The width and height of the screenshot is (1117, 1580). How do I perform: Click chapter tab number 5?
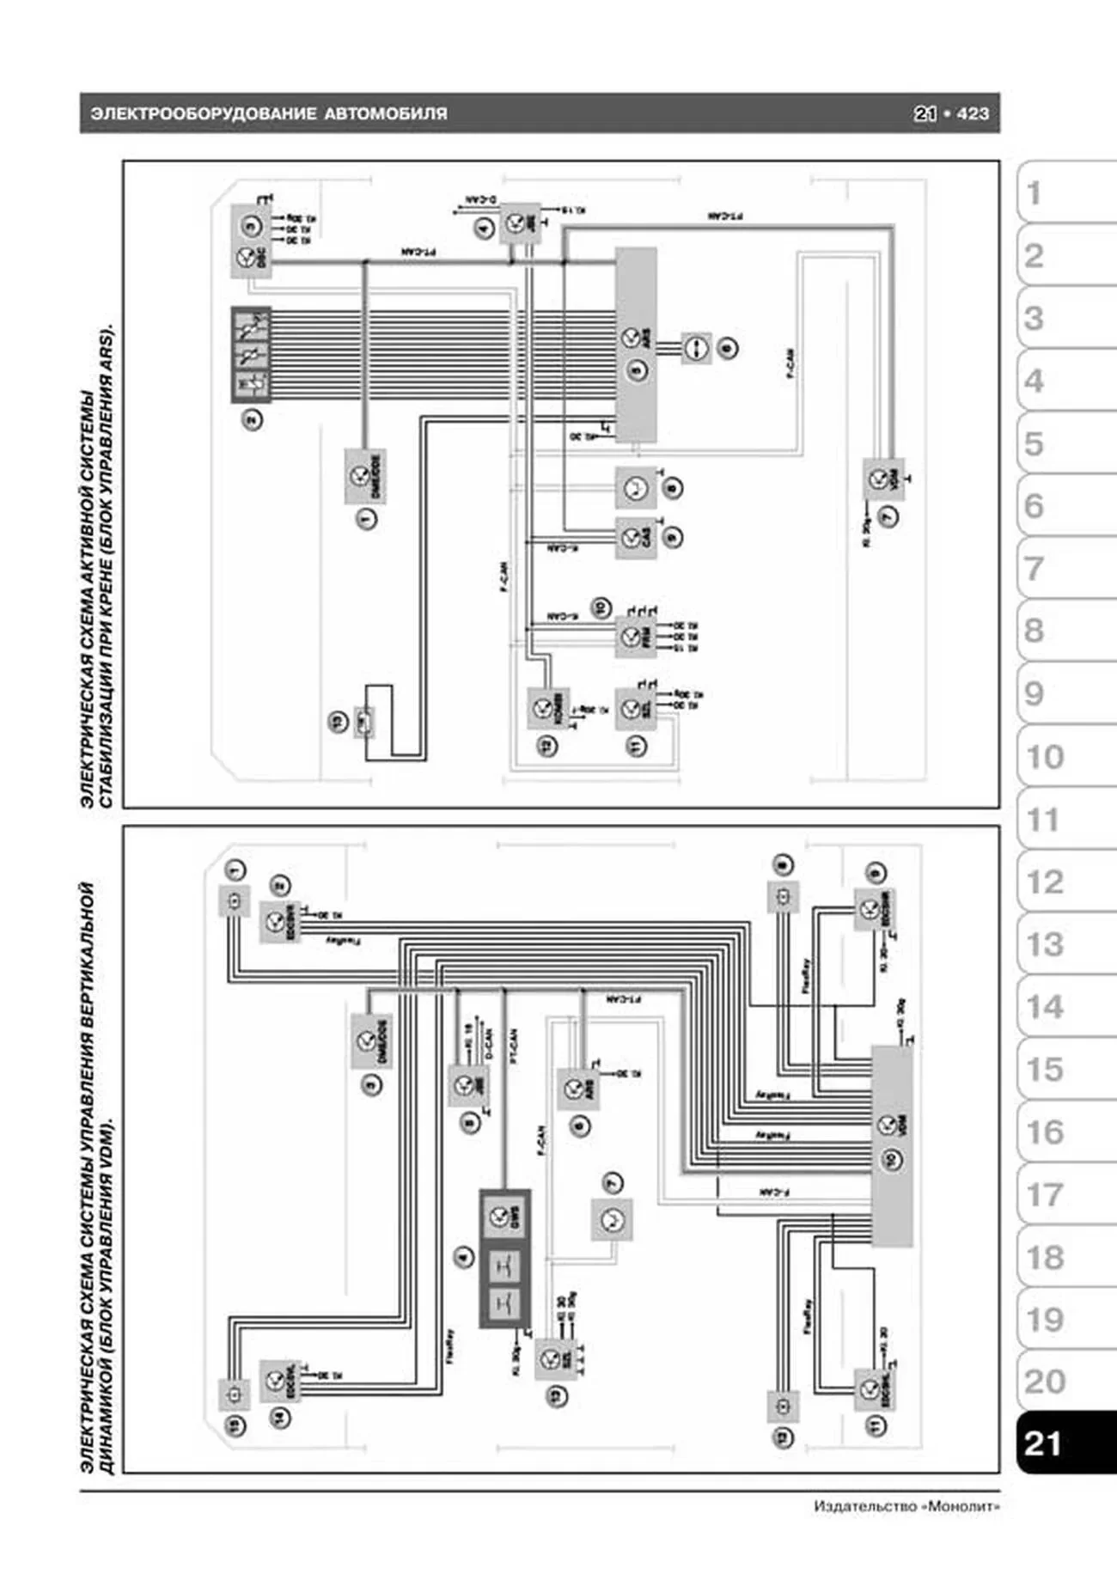click(1035, 444)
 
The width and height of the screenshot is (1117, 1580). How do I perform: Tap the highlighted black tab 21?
click(1043, 1443)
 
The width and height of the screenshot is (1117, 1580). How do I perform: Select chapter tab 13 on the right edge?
click(1045, 944)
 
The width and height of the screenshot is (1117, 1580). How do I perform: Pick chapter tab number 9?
click(1035, 693)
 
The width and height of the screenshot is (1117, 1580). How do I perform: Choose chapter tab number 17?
click(1045, 1194)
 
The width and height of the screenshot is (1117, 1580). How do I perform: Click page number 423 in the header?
click(973, 113)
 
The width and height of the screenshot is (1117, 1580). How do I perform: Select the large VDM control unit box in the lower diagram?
click(892, 1146)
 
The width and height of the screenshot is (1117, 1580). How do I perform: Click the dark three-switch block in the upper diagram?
click(251, 355)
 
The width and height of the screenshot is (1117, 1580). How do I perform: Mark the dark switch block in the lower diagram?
click(504, 1258)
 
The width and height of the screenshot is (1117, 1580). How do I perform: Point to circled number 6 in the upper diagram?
click(728, 349)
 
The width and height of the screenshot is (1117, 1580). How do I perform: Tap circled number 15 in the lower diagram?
click(235, 1425)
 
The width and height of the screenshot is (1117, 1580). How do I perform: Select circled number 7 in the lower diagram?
click(613, 1183)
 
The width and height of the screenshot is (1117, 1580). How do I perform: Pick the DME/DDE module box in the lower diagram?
click(371, 1041)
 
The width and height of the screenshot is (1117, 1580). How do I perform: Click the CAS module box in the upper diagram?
click(636, 538)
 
